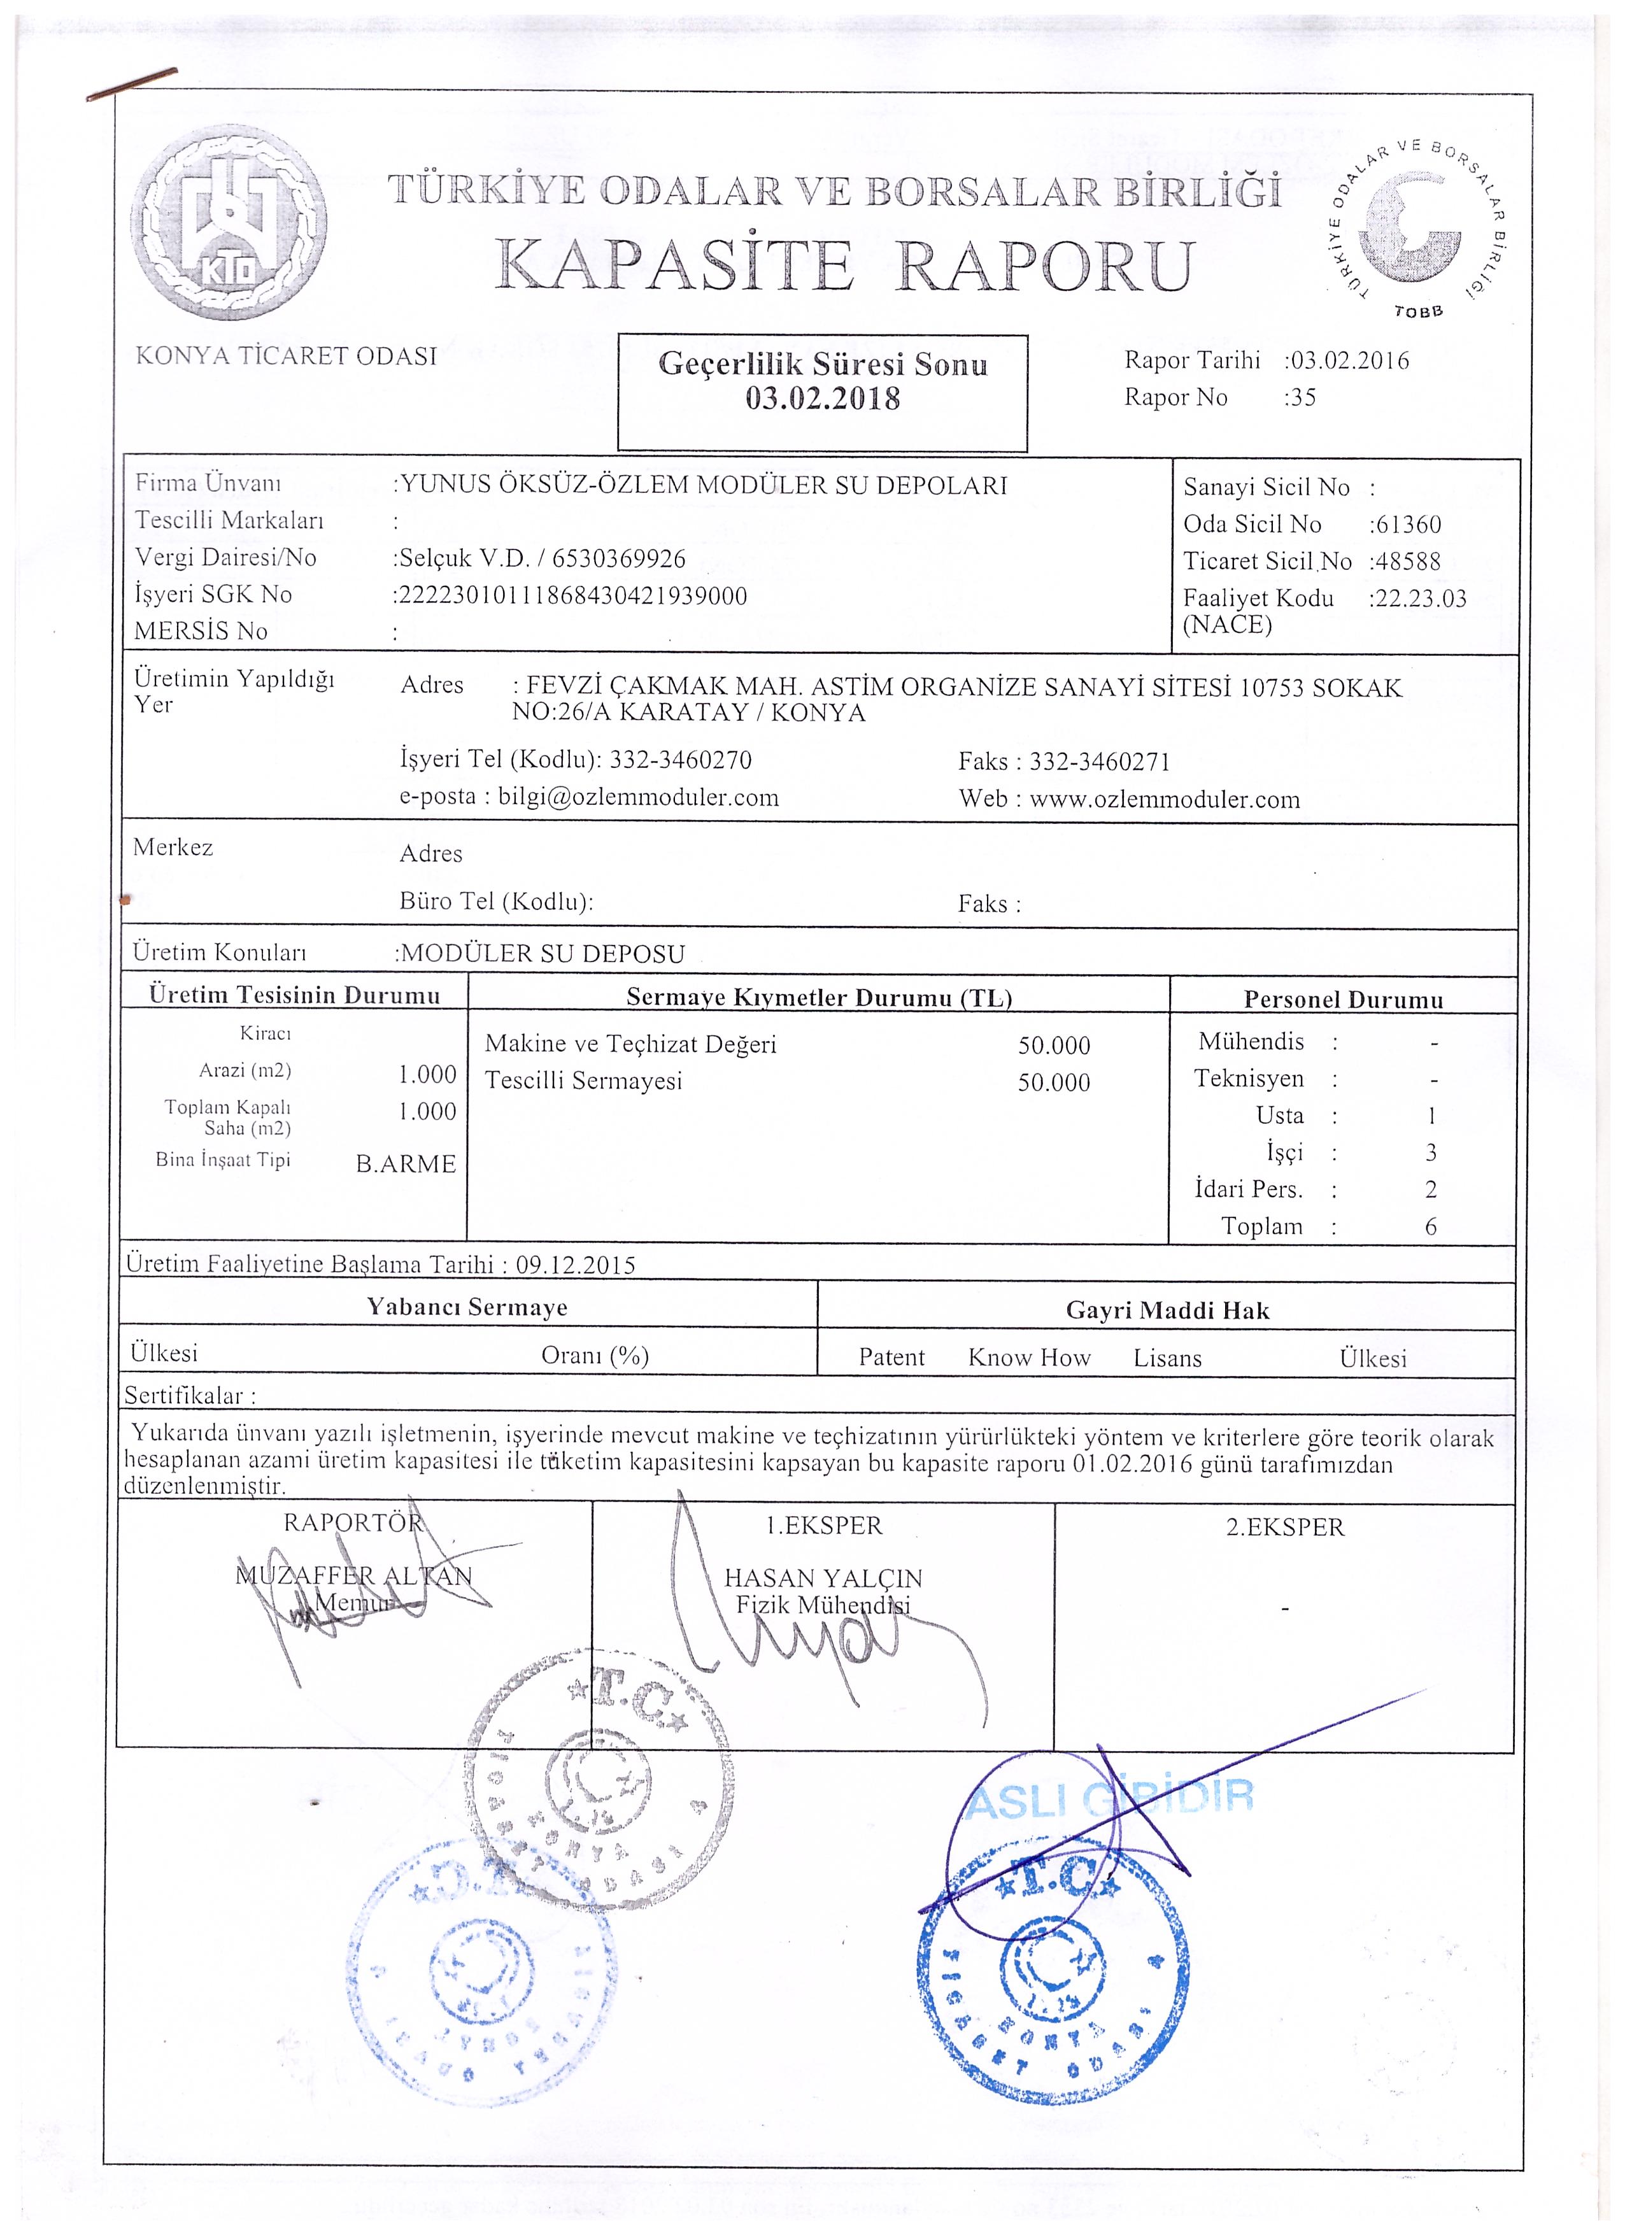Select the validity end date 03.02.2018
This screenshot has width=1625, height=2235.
[x=823, y=399]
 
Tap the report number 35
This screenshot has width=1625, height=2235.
[x=1305, y=398]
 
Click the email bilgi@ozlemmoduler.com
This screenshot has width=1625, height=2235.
[x=639, y=797]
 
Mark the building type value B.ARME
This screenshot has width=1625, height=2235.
[x=406, y=1164]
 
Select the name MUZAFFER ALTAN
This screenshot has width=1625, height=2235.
[x=354, y=1575]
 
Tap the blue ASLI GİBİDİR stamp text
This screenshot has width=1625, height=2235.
[x=1110, y=1798]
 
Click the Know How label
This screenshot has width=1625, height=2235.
[x=1029, y=1358]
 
